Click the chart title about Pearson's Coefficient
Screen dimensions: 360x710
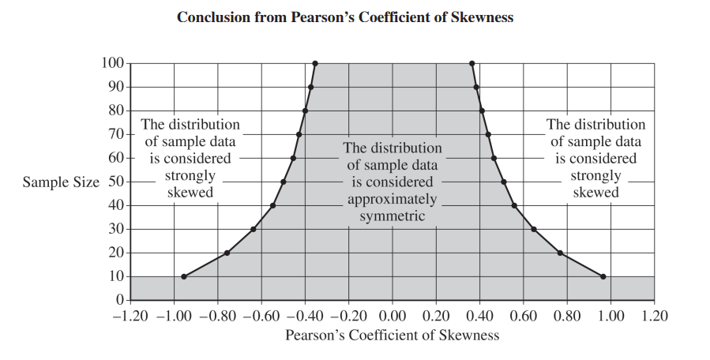(345, 17)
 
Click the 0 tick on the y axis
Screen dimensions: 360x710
(120, 300)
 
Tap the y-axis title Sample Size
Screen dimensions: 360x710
(61, 182)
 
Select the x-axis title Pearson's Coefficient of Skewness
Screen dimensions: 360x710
(393, 335)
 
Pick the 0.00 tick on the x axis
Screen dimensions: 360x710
(391, 317)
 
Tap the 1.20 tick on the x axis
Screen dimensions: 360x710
(654, 317)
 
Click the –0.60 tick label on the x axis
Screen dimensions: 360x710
(261, 317)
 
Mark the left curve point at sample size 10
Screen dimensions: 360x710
(184, 276)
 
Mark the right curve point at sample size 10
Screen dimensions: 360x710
(603, 276)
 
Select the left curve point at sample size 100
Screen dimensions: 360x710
(315, 63)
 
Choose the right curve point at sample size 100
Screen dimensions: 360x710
(471, 63)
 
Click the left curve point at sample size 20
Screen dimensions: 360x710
(227, 253)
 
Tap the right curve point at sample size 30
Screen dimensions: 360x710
(534, 229)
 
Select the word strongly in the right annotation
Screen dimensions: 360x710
(595, 176)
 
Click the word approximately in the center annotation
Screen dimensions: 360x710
(393, 199)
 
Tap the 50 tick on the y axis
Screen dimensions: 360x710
(115, 182)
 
